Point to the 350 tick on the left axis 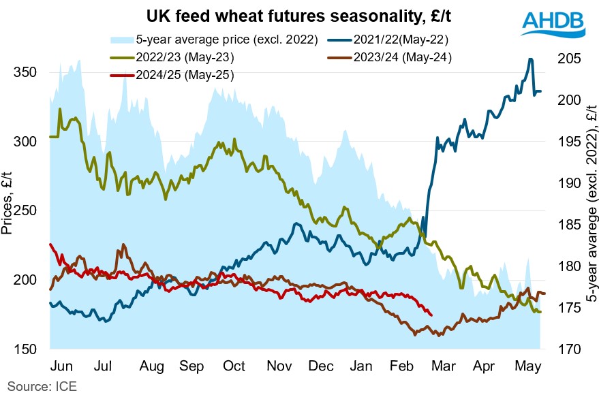[x=25, y=73]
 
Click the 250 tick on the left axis [x=25, y=211]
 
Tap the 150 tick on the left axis [x=25, y=349]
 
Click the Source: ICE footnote [x=39, y=386]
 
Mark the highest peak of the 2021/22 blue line [x=530, y=59]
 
